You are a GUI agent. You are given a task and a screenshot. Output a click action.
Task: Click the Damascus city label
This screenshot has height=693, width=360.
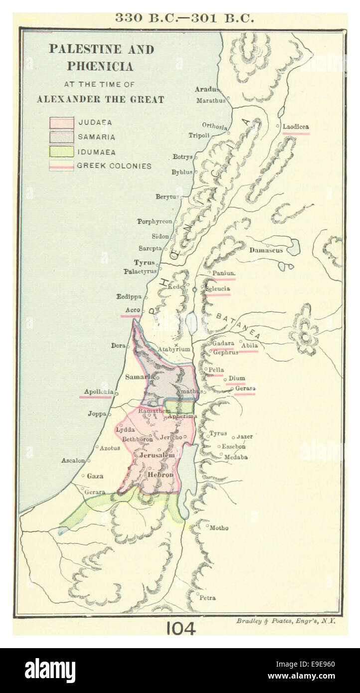tap(266, 250)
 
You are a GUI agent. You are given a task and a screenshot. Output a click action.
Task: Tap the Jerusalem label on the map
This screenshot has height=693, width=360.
tap(157, 455)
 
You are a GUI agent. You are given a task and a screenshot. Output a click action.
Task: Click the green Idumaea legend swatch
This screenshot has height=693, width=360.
tap(61, 152)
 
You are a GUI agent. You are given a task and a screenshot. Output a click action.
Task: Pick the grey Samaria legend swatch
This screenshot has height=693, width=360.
tap(61, 137)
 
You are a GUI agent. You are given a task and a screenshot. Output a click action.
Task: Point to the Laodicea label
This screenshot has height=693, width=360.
tap(296, 127)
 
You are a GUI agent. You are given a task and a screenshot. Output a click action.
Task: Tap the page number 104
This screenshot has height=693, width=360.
tap(180, 628)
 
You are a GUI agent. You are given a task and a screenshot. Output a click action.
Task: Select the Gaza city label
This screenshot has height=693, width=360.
tap(95, 476)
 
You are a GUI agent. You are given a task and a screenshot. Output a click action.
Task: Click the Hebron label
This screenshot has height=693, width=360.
tap(160, 475)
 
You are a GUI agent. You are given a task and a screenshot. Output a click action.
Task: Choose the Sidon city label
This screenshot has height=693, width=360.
tap(160, 237)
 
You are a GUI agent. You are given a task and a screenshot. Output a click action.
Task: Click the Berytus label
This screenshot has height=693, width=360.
tap(166, 197)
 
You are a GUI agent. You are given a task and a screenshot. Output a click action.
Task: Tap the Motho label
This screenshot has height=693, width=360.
tap(219, 527)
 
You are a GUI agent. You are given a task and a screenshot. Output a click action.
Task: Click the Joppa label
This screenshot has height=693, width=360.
tap(97, 413)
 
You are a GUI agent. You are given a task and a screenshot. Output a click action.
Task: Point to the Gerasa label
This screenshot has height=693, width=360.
tap(245, 388)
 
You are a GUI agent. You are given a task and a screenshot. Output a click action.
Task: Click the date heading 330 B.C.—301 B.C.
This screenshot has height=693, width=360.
tap(184, 18)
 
